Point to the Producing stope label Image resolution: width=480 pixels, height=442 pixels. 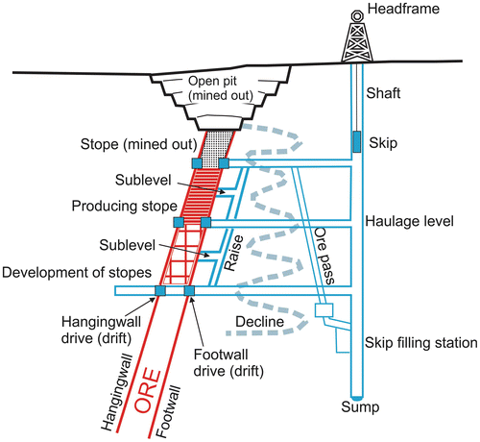124,207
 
